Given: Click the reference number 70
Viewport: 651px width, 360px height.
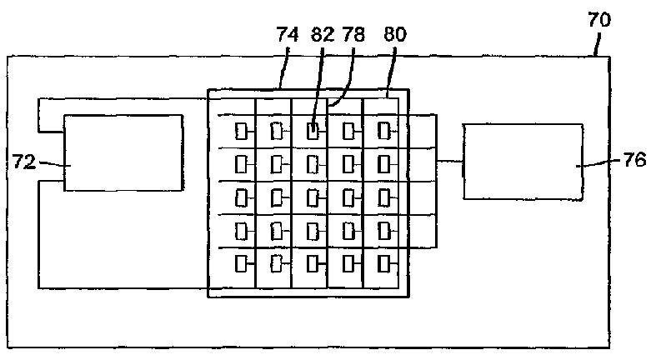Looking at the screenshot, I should coord(598,20).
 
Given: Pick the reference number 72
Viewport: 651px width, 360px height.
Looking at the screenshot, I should coord(24,162).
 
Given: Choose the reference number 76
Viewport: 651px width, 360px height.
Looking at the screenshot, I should coord(634,162).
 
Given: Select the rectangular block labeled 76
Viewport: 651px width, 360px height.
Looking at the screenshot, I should coord(523,162).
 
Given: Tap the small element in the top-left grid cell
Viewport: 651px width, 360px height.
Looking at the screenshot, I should coord(241,131).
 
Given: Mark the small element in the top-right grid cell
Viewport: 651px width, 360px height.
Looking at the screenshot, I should coord(383,131).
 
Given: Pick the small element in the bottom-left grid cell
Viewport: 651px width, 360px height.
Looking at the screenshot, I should coord(241,264).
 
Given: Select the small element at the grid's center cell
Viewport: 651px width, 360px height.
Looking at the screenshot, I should coord(313,197).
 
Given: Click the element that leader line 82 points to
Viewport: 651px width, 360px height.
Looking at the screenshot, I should coord(313,131).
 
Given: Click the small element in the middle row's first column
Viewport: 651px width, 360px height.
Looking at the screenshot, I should coord(241,197).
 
